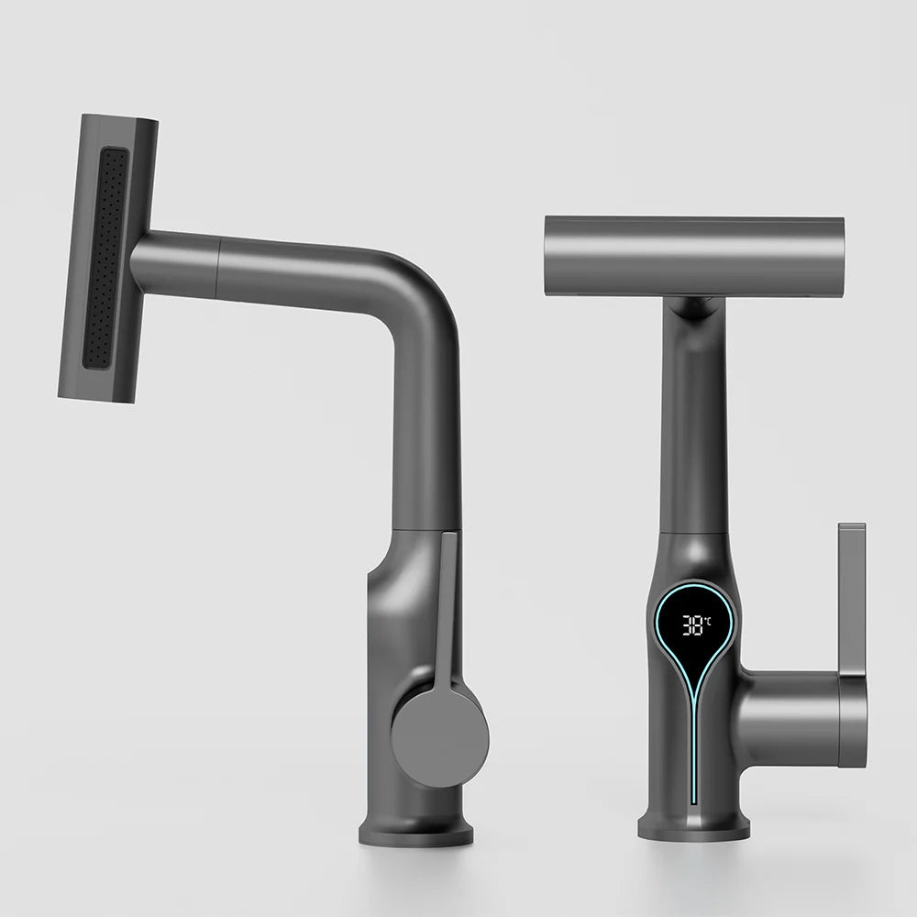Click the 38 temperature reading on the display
(x=692, y=625)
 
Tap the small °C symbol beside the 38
(x=708, y=620)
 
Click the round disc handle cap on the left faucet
(x=439, y=736)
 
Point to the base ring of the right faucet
(x=693, y=828)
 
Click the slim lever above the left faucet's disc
(x=447, y=605)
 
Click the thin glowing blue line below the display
(x=694, y=743)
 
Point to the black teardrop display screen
(x=694, y=637)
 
